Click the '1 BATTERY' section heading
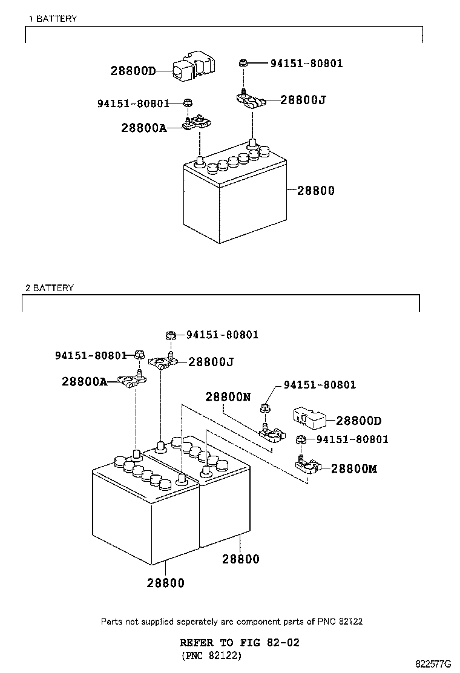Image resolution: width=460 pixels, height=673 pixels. click(x=53, y=18)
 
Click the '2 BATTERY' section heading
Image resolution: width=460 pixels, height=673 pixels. click(x=50, y=287)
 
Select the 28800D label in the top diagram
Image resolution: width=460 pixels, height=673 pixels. click(x=133, y=71)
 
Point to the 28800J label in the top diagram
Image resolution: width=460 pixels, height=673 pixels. click(x=303, y=100)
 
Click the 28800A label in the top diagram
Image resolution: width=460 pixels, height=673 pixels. click(x=144, y=128)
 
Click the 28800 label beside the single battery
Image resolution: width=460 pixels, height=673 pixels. click(x=316, y=191)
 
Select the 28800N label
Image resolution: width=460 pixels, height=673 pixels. click(x=228, y=396)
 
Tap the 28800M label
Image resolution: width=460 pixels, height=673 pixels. click(x=354, y=468)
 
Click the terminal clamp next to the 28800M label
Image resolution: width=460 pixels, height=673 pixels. click(x=309, y=465)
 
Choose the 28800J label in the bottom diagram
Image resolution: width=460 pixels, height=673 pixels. click(x=211, y=363)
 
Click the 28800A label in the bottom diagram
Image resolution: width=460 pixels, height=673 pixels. click(x=85, y=381)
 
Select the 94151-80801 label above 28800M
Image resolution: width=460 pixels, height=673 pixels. click(x=352, y=439)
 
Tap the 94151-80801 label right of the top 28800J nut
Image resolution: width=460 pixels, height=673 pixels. click(x=307, y=64)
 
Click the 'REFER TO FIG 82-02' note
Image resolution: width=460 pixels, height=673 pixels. click(x=240, y=643)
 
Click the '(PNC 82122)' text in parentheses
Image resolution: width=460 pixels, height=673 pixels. click(x=211, y=655)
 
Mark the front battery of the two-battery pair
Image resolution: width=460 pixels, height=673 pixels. click(x=146, y=515)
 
